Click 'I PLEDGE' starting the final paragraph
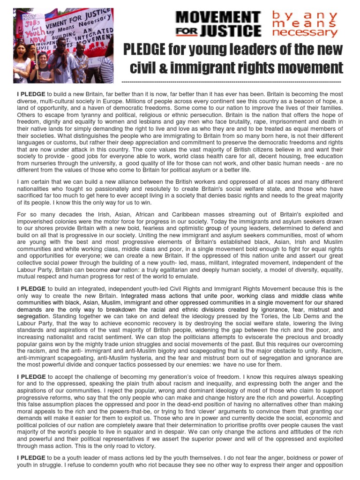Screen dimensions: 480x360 click(x=31, y=457)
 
